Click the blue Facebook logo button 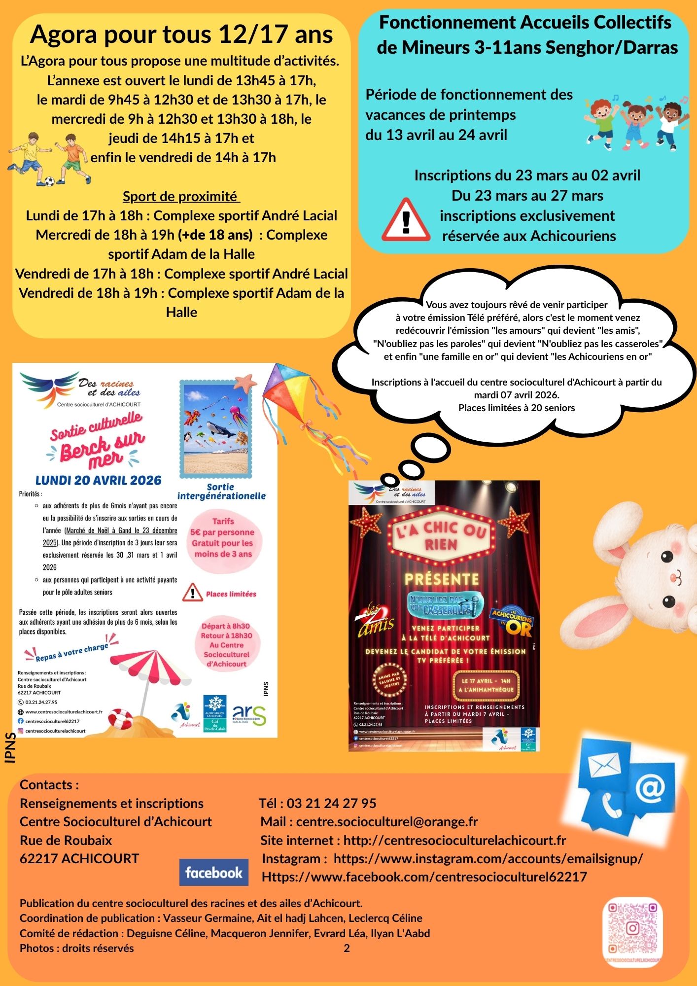pos(213,872)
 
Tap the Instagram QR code pos(632,929)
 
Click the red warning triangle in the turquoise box pos(406,220)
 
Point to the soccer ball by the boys pos(49,182)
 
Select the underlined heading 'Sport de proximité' pos(181,196)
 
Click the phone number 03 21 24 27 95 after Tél pos(331,803)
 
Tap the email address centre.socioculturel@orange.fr pos(386,821)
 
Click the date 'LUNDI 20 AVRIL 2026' pos(99,480)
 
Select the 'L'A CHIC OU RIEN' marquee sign pos(441,535)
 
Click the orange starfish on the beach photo pos(245,381)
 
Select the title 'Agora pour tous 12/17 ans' pos(181,35)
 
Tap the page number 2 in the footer pos(347,948)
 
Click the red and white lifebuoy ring pos(119,718)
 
